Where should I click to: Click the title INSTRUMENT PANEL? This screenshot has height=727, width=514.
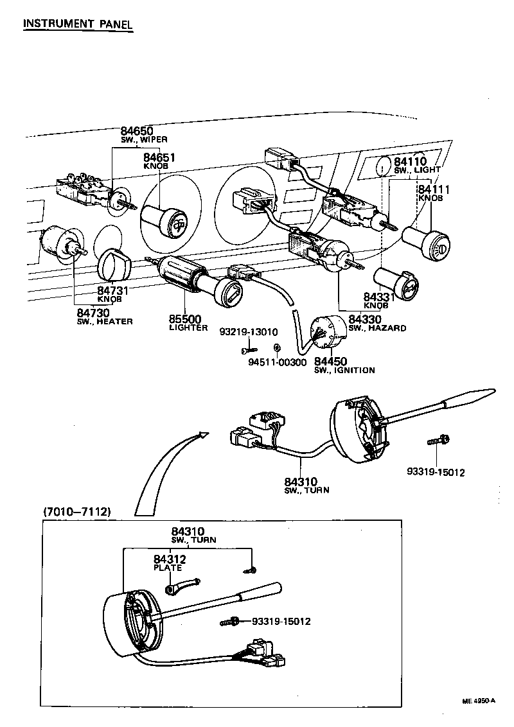pyautogui.click(x=77, y=24)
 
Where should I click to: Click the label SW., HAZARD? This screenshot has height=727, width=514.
pyautogui.click(x=377, y=328)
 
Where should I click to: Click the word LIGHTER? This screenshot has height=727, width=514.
pyautogui.click(x=188, y=328)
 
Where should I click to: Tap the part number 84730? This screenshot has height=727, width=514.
pyautogui.click(x=94, y=312)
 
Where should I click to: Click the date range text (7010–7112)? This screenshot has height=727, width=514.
pyautogui.click(x=78, y=512)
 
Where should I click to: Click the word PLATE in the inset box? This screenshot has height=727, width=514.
pyautogui.click(x=168, y=568)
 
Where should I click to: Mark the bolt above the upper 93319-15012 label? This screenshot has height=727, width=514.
pyautogui.click(x=439, y=441)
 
